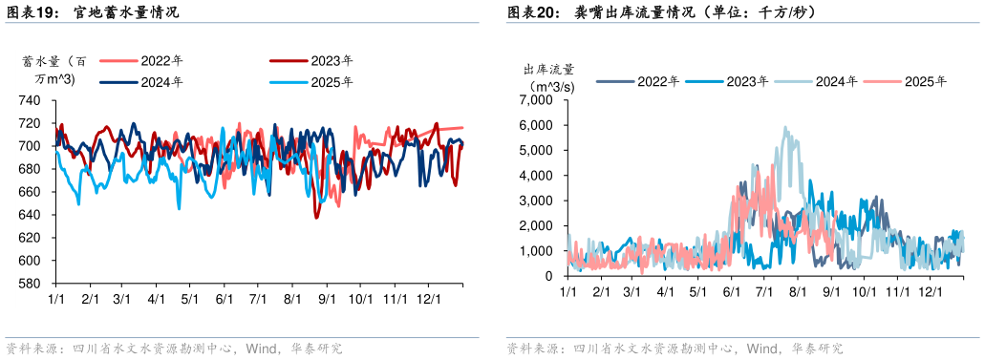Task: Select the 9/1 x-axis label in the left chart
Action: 325,299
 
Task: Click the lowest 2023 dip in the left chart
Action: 316,218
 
